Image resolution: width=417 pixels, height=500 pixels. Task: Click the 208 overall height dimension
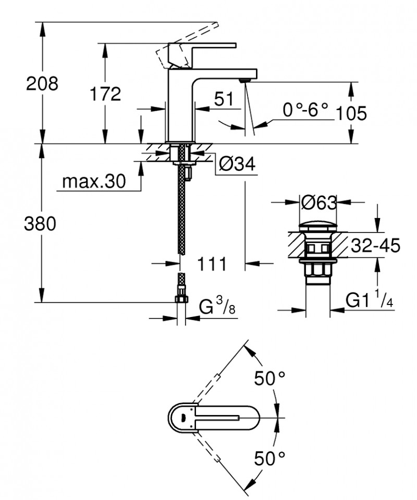(43, 83)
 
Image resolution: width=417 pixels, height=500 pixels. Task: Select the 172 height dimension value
(105, 94)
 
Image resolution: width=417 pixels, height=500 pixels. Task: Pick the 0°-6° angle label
(306, 110)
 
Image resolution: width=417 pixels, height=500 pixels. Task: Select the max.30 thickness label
(94, 181)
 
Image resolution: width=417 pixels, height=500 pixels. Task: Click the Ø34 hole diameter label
(236, 164)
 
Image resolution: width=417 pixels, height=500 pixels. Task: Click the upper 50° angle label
(270, 379)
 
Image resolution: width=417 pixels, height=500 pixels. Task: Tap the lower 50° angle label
(270, 458)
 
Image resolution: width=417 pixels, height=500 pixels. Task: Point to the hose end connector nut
(181, 299)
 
